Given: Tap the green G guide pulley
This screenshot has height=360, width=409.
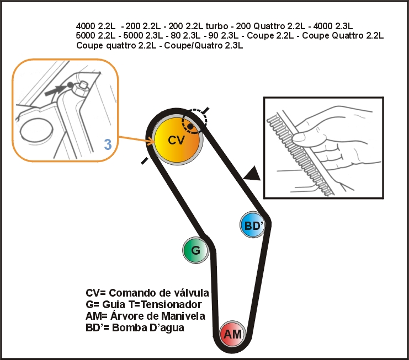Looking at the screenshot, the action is [195, 250].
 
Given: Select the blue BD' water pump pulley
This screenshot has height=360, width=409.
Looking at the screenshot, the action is [252, 225].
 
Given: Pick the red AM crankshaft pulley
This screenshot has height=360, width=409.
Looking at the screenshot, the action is [233, 334].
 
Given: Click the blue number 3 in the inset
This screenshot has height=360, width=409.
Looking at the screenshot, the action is [108, 144].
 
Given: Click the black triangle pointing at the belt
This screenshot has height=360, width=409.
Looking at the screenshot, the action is [252, 174].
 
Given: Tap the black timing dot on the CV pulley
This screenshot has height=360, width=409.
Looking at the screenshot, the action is [190, 127].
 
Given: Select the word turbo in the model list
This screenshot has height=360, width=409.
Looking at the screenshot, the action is [216, 26].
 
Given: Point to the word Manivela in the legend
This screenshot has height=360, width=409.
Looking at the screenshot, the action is [183, 316].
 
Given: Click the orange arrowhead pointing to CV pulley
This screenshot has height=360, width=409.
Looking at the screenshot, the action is [152, 142].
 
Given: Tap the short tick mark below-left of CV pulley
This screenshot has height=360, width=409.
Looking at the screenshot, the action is [145, 161].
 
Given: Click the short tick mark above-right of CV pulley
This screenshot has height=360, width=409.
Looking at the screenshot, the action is [206, 110].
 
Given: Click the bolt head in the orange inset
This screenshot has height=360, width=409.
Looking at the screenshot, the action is [84, 85].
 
